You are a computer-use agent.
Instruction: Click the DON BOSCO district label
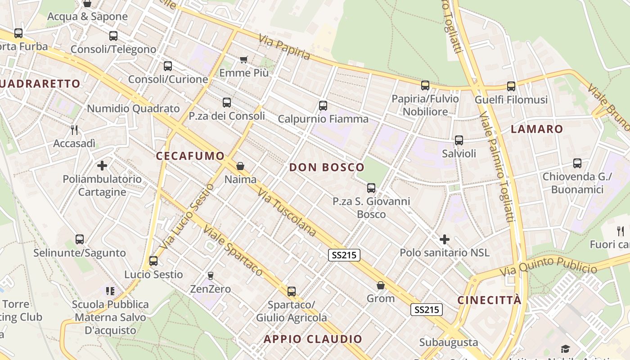pos(327,167)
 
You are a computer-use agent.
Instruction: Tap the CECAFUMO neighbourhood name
pos(190,156)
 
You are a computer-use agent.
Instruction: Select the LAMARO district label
pos(537,129)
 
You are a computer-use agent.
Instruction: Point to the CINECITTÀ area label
pos(490,300)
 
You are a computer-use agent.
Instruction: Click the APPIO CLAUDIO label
pos(313,339)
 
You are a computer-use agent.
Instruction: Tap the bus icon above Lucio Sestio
pos(153,261)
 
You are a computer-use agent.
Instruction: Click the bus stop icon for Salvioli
pos(459,140)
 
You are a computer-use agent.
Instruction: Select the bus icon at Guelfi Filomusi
pos(511,86)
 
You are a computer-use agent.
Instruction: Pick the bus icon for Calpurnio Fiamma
pos(323,106)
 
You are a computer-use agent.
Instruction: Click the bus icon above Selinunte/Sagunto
pos(80,239)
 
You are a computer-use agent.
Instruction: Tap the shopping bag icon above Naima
pos(240,166)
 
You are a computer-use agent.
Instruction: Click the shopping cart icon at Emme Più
pos(244,59)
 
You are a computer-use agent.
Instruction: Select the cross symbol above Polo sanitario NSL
pos(445,239)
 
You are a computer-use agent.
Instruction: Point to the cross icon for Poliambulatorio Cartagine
pos(102,166)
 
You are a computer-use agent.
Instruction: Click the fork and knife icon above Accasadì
pos(75,130)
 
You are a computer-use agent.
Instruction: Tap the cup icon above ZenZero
pos(210,275)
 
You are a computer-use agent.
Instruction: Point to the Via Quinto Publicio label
pos(548,266)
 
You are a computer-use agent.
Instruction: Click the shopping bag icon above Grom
pos(381,285)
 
